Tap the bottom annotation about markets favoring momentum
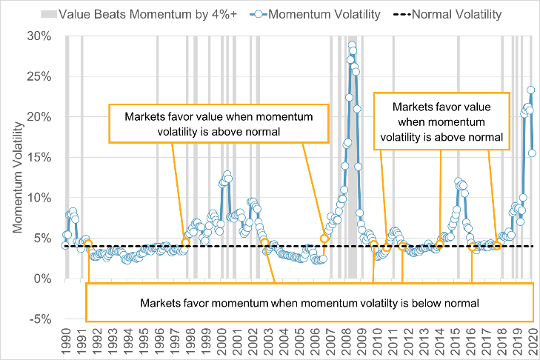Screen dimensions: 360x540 310,302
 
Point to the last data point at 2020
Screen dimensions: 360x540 532,153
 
